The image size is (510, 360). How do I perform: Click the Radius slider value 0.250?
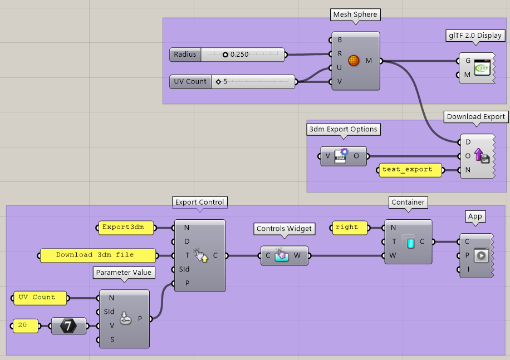point(239,55)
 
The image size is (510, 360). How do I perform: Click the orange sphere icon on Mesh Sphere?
point(354,61)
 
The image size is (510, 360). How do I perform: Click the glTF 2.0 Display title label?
point(475,36)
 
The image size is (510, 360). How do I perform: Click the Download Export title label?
point(475,117)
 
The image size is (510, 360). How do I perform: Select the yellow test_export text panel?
point(411,170)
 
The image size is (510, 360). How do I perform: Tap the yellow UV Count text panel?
point(40,298)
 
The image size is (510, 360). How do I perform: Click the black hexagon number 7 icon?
point(69,326)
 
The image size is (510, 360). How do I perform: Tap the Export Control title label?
point(199,202)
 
